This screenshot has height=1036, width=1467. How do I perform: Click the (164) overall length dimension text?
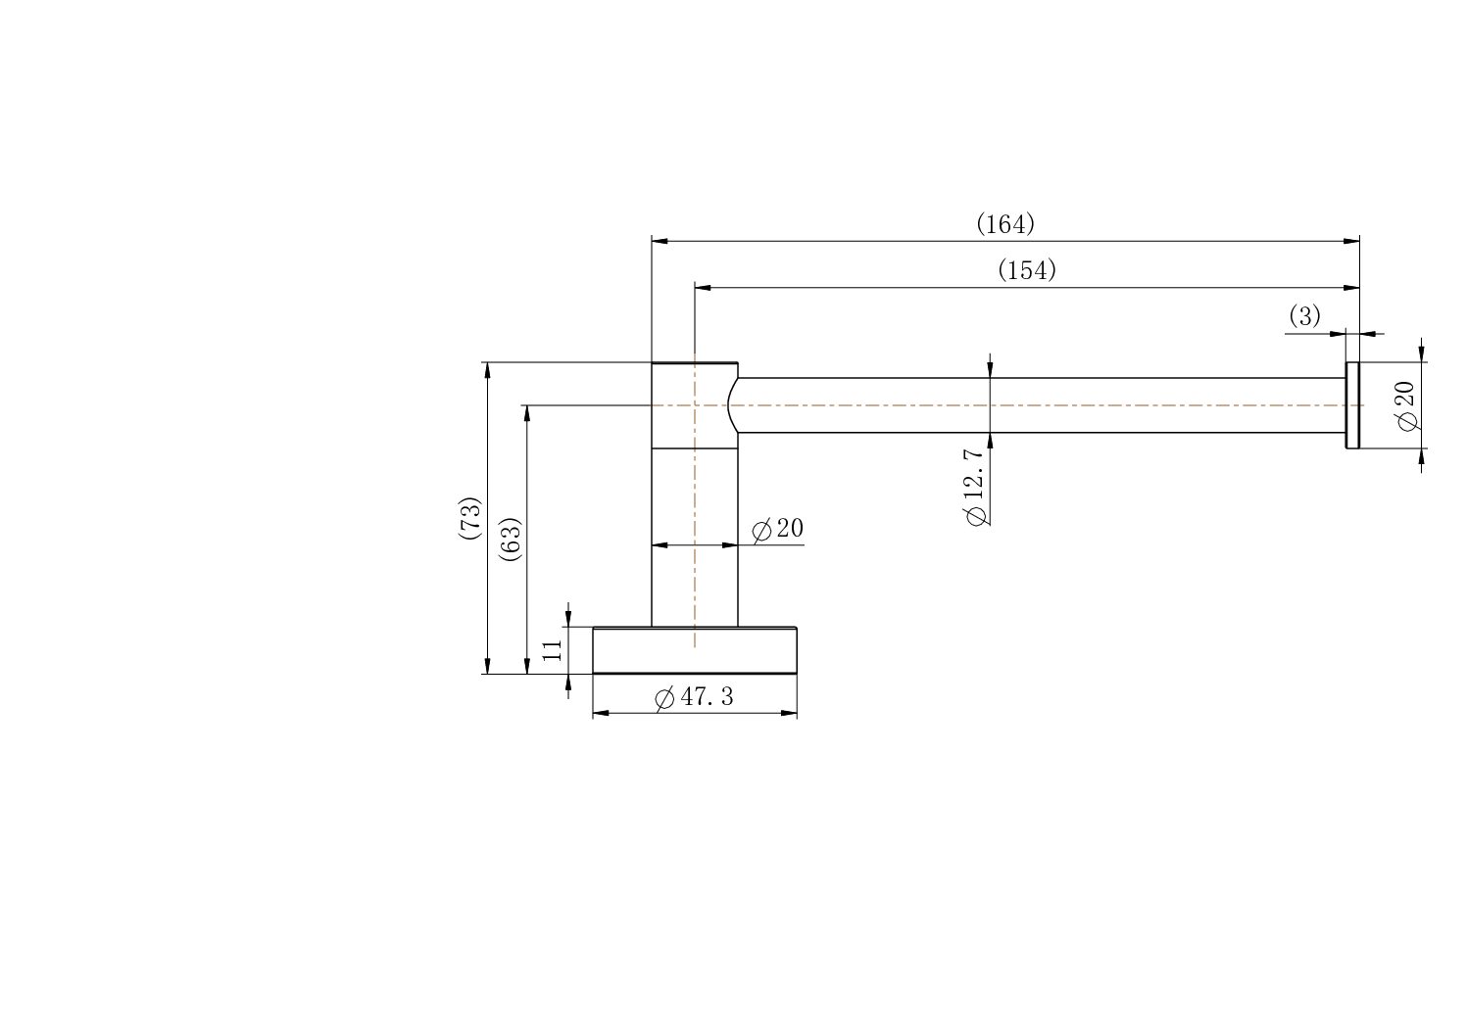pos(1004,224)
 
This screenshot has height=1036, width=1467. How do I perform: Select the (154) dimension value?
pos(1026,270)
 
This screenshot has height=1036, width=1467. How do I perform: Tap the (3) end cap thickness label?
pos(1303,316)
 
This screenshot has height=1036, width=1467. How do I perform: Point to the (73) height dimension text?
pos(469,518)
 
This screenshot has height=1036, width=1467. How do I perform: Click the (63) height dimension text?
pos(510,538)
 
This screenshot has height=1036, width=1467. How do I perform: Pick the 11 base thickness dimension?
pos(553,650)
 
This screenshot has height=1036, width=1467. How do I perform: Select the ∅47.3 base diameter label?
pos(694,697)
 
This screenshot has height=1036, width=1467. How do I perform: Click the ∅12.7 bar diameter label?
pos(974,487)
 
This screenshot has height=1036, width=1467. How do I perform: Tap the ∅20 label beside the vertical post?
pos(778,529)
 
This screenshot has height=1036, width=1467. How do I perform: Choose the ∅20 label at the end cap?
pos(1406,405)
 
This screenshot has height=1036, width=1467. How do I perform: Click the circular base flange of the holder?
pos(694,650)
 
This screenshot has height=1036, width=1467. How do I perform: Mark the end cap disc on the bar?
pos(1352,405)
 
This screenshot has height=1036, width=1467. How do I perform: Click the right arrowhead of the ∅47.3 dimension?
pos(789,713)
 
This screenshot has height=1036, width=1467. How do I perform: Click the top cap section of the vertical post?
pos(694,404)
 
